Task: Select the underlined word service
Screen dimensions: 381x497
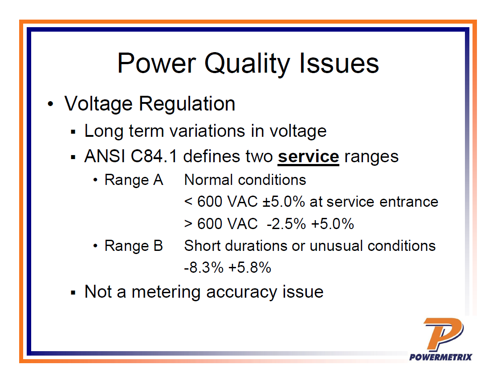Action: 308,157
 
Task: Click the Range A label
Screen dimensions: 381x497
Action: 134,180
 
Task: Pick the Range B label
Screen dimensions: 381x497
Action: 134,246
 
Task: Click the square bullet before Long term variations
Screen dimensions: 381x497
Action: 73,132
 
